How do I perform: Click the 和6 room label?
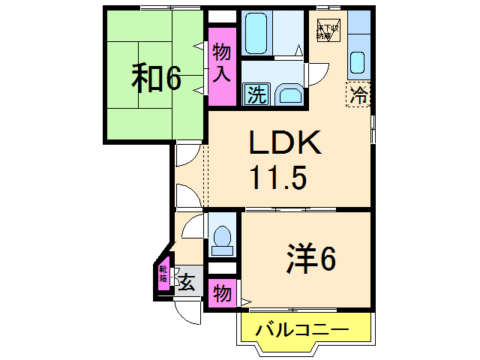157,77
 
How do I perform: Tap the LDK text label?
285,143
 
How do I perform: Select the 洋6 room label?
310,259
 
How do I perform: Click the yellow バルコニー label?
301,329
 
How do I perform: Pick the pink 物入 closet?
222,64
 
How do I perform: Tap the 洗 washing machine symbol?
256,95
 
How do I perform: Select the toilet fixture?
222,235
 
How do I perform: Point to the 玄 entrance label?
187,283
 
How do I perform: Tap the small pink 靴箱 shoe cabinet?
163,278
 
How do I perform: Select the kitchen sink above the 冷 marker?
358,61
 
